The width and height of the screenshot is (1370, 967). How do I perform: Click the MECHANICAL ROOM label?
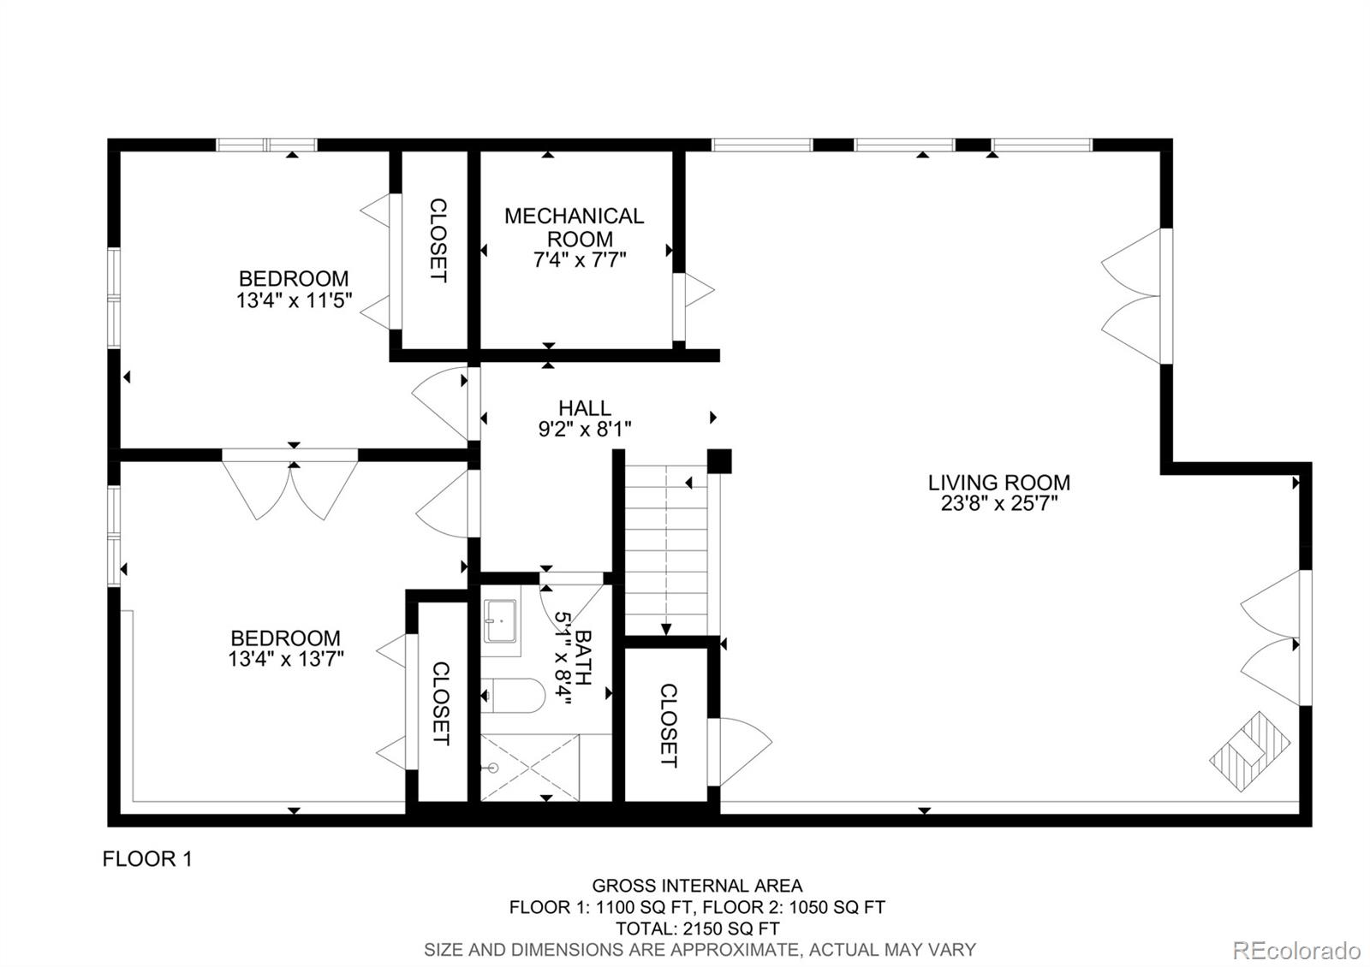574,227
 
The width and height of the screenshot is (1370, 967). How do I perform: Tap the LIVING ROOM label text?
998,482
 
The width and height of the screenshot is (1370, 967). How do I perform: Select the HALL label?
585,408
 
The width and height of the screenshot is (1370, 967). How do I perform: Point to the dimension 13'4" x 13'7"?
286,659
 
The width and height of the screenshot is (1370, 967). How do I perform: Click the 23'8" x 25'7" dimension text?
998,504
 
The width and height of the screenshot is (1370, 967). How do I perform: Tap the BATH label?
584,657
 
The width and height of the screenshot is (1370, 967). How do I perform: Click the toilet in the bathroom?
513,696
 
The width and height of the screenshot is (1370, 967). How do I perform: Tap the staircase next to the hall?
666,548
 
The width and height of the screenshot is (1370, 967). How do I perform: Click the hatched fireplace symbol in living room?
1250,750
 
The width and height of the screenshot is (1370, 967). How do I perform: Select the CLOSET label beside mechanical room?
437,240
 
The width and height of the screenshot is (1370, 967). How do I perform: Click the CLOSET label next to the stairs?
669,724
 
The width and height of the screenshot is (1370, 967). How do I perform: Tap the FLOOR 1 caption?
147,859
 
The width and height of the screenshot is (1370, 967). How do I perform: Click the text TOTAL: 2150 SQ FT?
697,928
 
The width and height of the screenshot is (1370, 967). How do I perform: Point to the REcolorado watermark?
1296,950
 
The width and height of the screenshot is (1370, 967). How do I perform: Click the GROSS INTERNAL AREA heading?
697,886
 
